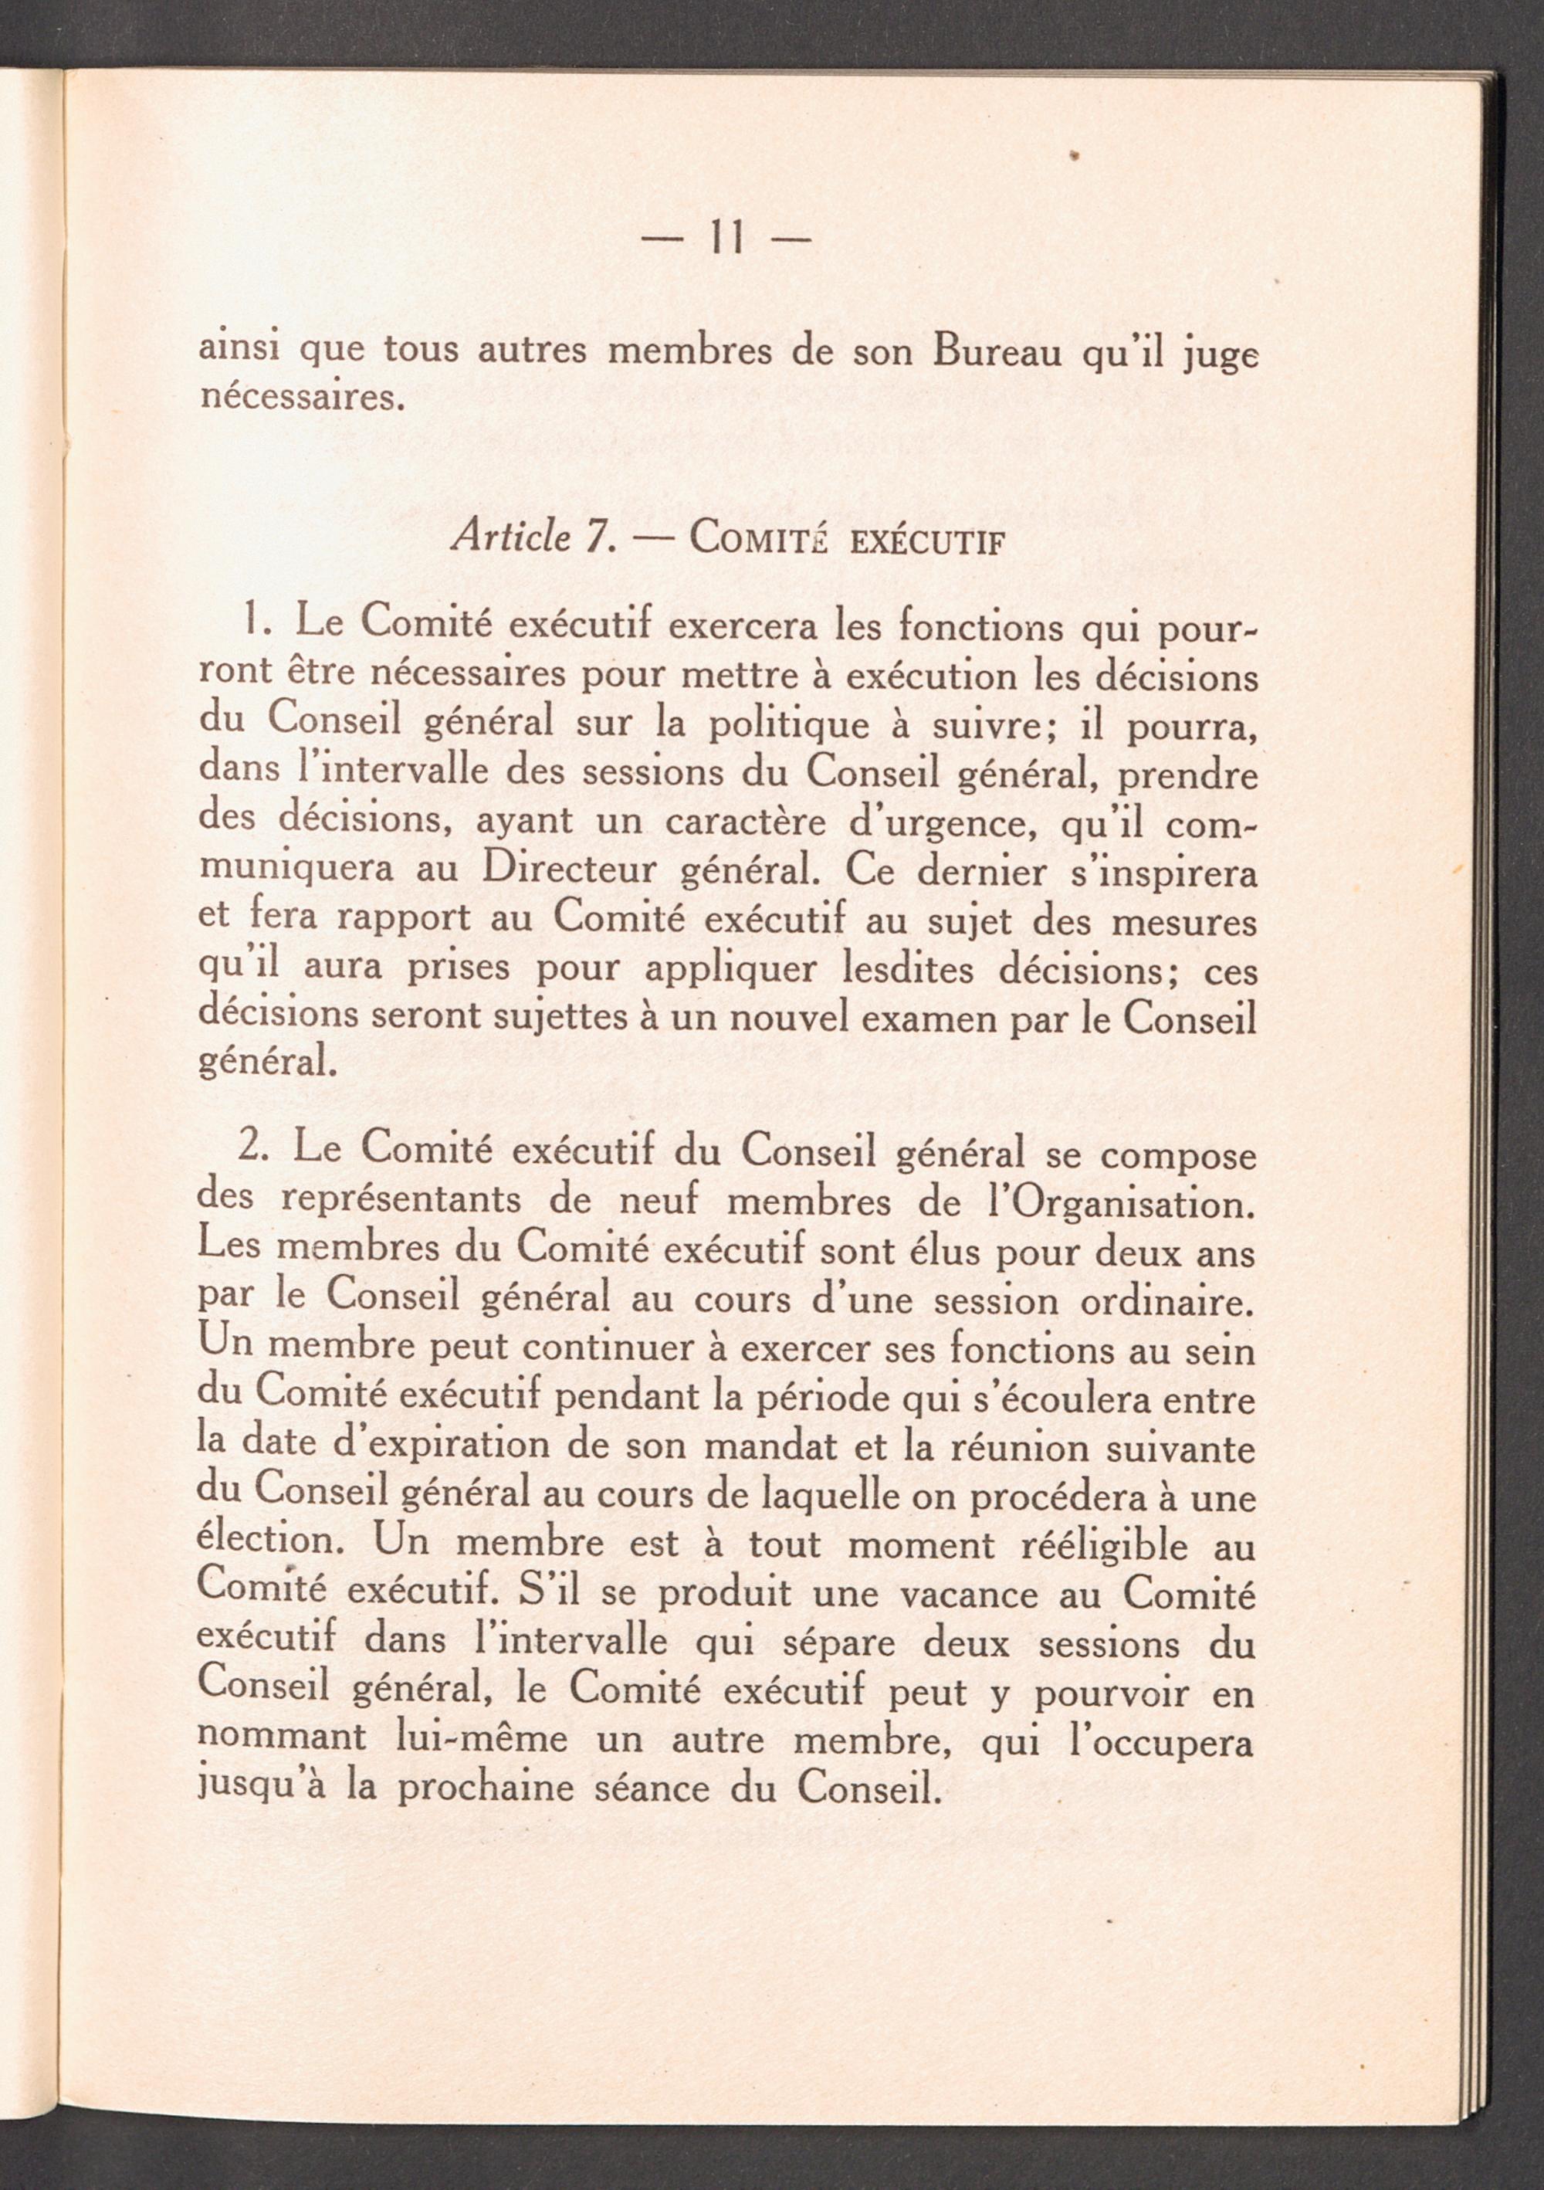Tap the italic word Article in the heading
[511, 539]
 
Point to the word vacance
[955, 1594]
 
